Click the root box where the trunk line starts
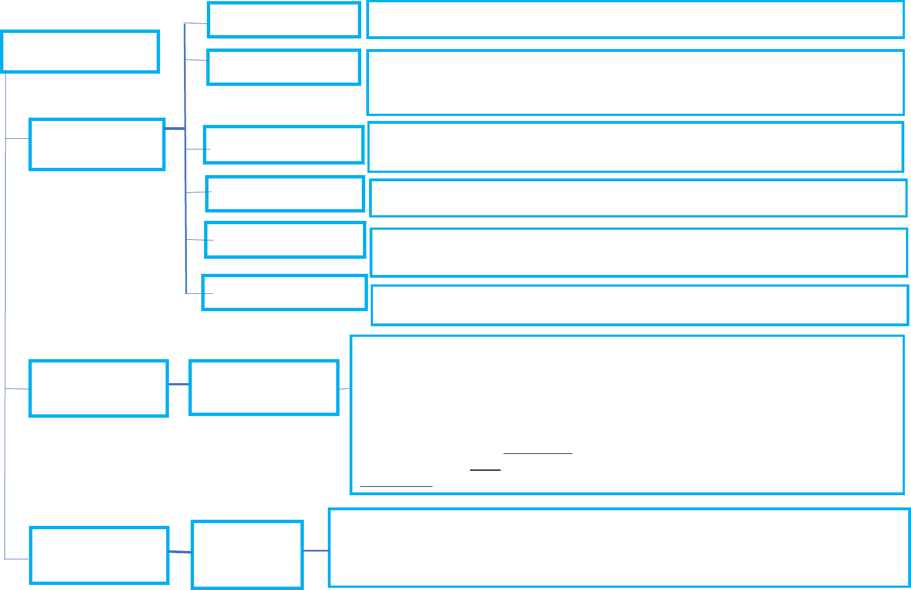(x=80, y=52)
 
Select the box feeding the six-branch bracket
(x=97, y=144)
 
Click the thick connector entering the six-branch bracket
(x=175, y=129)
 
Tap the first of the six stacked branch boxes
(x=284, y=20)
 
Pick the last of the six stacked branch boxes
(x=284, y=292)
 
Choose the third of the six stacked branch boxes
(x=284, y=145)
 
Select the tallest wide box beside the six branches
(x=635, y=83)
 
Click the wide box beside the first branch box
(x=635, y=20)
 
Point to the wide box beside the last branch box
(x=639, y=305)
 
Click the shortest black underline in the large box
(x=485, y=470)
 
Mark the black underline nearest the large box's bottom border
(x=396, y=486)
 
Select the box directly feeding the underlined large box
(x=264, y=388)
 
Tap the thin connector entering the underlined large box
(x=345, y=389)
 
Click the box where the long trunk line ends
(x=99, y=555)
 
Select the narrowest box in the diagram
(x=247, y=554)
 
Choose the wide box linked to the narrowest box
(x=619, y=548)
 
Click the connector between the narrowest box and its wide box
(x=316, y=551)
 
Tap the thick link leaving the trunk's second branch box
(x=178, y=384)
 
